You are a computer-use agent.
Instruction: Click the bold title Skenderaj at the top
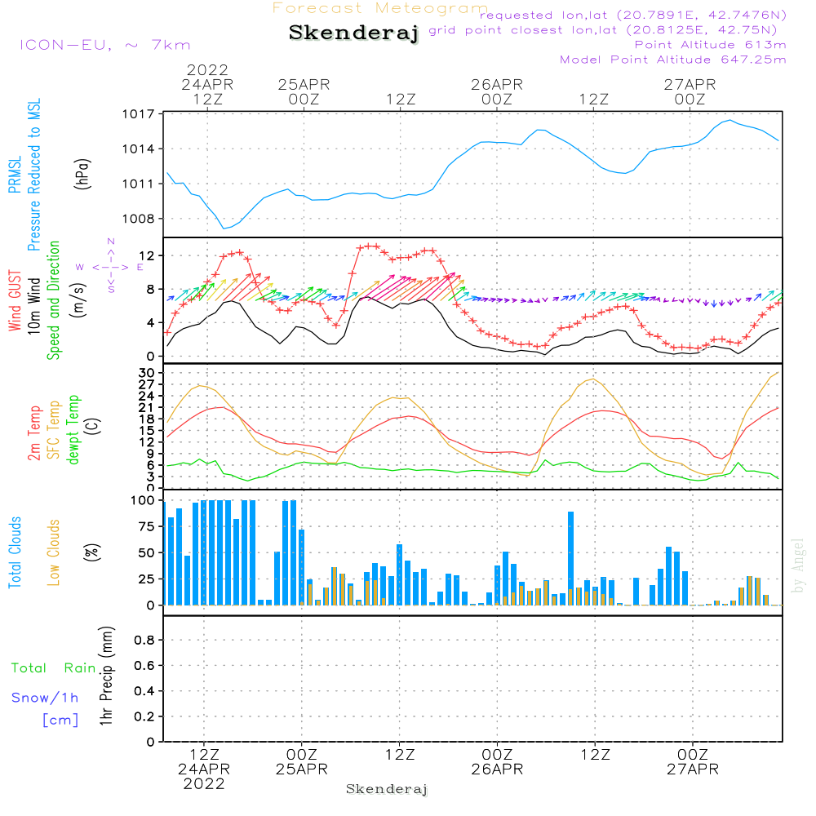tap(353, 33)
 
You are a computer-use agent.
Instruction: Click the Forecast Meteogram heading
tap(380, 8)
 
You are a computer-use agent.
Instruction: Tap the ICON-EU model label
tap(104, 45)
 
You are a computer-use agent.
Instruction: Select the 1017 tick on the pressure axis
tap(140, 114)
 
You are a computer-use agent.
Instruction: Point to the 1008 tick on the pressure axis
tap(140, 219)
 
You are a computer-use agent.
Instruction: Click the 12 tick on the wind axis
tap(147, 256)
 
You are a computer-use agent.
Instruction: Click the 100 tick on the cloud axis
tap(144, 500)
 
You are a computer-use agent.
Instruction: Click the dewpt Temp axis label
tap(74, 429)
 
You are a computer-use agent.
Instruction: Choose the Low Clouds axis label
tap(54, 552)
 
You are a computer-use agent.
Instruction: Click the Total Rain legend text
tap(53, 668)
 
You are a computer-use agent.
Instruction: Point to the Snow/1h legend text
tap(45, 698)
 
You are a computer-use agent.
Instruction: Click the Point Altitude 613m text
tap(710, 45)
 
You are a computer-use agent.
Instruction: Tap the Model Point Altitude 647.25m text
tap(672, 60)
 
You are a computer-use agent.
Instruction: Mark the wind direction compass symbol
tap(110, 266)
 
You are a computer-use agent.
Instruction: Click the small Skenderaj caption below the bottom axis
tap(387, 789)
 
